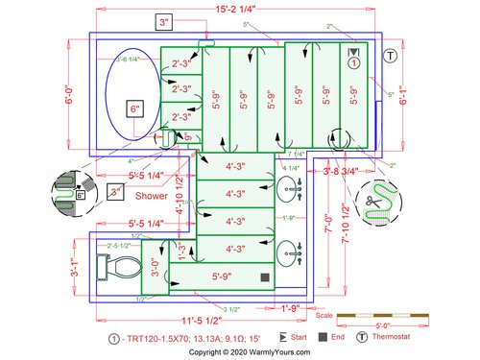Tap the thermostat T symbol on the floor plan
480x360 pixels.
tap(391, 55)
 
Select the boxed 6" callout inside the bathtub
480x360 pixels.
tap(135, 108)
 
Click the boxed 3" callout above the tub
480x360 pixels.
tap(164, 21)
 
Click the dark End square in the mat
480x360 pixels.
tap(263, 277)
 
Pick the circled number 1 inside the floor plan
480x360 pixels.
tap(354, 63)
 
